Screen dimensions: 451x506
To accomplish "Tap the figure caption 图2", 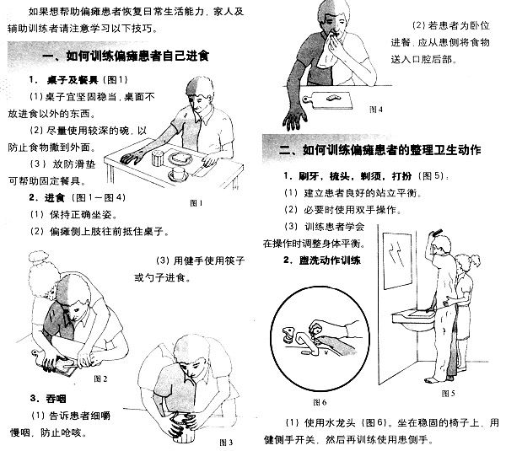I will pyautogui.click(x=100, y=378).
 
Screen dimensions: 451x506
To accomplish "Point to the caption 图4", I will pyautogui.click(x=376, y=109).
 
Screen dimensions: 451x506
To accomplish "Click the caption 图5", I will pyautogui.click(x=447, y=392).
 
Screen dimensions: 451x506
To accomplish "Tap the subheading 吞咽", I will pyautogui.click(x=43, y=398).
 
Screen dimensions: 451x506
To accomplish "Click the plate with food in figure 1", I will pyautogui.click(x=180, y=160).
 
